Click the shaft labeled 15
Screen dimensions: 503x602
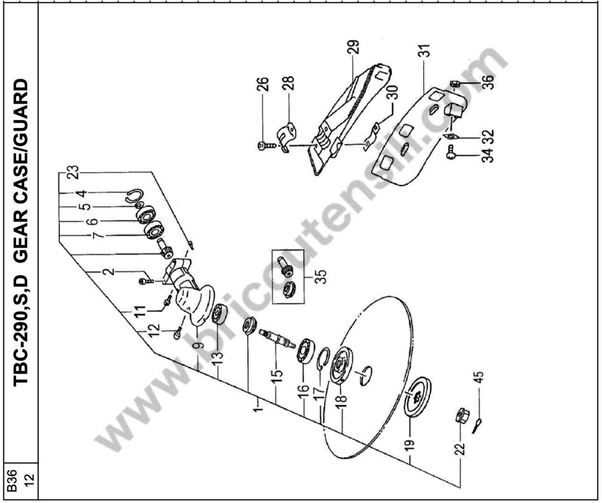coord(277,339)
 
